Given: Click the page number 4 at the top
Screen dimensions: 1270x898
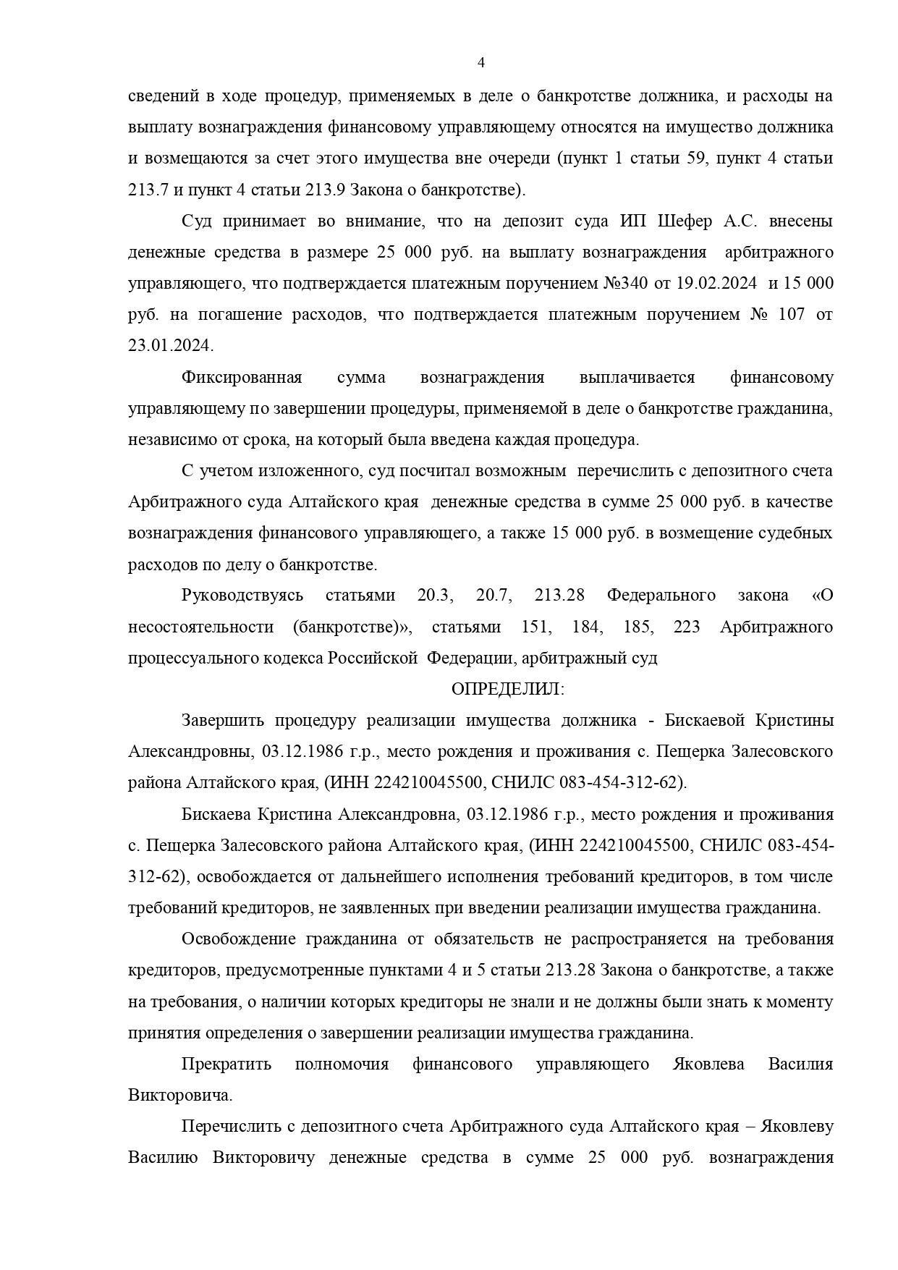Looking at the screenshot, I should click(x=481, y=63).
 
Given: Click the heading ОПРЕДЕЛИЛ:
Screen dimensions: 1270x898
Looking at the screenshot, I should click(x=507, y=689).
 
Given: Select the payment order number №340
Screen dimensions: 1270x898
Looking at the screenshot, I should click(x=625, y=284).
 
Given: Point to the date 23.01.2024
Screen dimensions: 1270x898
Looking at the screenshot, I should click(x=170, y=346).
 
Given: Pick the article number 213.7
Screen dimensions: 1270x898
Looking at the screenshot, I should click(x=148, y=190).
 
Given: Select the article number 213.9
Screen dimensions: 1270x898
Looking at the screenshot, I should click(x=318, y=190).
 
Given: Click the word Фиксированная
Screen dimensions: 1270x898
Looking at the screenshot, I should click(x=241, y=378).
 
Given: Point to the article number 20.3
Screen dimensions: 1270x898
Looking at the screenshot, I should click(x=435, y=596).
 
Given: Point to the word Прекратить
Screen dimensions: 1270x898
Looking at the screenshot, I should click(x=226, y=1064).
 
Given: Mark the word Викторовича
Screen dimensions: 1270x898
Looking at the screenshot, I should click(x=180, y=1096).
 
